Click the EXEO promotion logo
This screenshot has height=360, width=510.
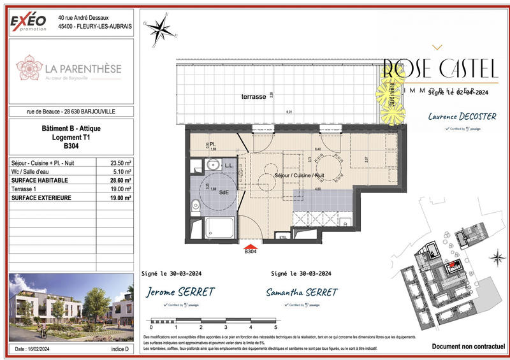[x=29, y=22]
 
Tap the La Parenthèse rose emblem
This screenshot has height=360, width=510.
[x=29, y=68]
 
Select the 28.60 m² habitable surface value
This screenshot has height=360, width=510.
[x=119, y=180]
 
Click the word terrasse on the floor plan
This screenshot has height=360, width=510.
[x=236, y=97]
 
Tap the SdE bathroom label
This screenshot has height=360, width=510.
[x=224, y=192]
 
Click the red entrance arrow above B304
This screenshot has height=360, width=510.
[x=251, y=246]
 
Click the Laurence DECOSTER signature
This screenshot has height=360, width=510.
[x=455, y=118]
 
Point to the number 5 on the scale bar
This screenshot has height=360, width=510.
[x=275, y=327]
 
